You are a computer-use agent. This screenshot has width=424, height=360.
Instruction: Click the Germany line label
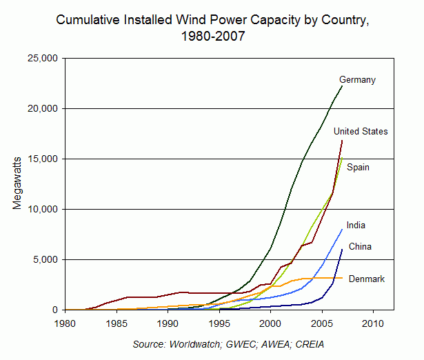pos(357,80)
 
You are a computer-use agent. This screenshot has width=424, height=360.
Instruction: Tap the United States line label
pos(361,131)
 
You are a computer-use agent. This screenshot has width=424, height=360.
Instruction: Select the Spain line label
pos(359,167)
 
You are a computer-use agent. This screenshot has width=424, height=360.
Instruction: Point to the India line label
pos(356,225)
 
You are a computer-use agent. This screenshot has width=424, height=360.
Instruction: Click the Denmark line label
pos(367,279)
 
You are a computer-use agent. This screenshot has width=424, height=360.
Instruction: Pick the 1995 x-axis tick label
pos(219,323)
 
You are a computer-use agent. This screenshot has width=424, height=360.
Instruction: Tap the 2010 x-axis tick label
pos(373,323)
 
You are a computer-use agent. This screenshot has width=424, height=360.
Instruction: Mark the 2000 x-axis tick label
pos(270,323)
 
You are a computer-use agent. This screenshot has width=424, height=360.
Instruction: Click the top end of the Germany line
pos(342,86)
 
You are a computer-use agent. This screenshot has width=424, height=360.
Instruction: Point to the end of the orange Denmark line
pos(342,278)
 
